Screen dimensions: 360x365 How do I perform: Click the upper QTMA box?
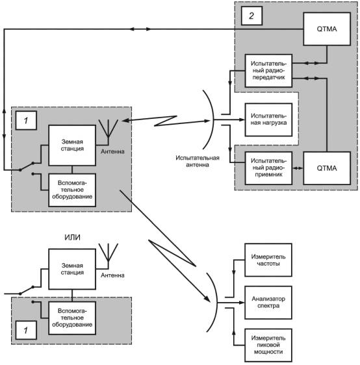pyautogui.click(x=327, y=29)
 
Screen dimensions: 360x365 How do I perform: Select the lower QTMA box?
pyautogui.click(x=327, y=168)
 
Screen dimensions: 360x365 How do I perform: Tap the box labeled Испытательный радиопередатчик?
pyautogui.click(x=268, y=71)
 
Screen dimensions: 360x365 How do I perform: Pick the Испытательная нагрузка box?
pyautogui.click(x=268, y=120)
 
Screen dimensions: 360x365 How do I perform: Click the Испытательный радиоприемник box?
pyautogui.click(x=268, y=168)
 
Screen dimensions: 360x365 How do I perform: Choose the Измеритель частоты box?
pyautogui.click(x=268, y=260)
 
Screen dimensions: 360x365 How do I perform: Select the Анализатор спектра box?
pyautogui.click(x=268, y=303)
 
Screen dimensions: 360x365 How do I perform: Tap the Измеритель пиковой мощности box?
pyautogui.click(x=268, y=346)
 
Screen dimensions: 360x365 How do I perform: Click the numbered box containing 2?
pyautogui.click(x=251, y=16)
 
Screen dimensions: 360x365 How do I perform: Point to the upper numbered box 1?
pyautogui.click(x=26, y=120)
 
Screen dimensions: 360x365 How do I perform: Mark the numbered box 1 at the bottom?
pyautogui.click(x=26, y=330)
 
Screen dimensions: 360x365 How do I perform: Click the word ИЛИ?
pyautogui.click(x=72, y=237)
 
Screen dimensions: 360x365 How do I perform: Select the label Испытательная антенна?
pyautogui.click(x=198, y=161)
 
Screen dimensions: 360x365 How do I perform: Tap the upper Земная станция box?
pyautogui.click(x=72, y=145)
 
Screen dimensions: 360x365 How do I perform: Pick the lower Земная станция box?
pyautogui.click(x=72, y=269)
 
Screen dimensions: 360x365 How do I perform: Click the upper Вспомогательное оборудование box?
pyautogui.click(x=72, y=190)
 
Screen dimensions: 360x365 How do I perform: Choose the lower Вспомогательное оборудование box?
pyautogui.click(x=72, y=318)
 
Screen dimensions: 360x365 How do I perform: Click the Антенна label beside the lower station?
pyautogui.click(x=112, y=275)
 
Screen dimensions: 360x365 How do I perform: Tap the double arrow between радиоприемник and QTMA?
pyautogui.click(x=298, y=168)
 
